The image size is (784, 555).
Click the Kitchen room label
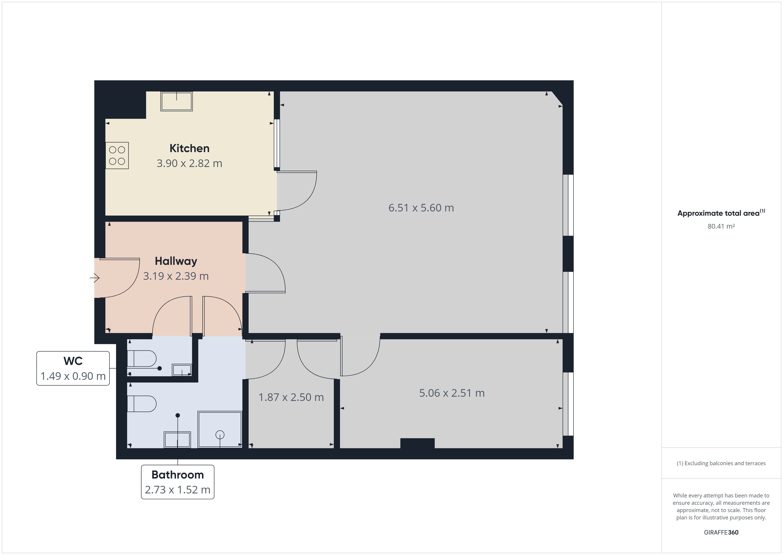(190, 148)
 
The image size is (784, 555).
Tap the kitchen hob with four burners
(117, 155)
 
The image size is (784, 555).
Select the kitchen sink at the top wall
(176, 101)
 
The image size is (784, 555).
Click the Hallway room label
(176, 261)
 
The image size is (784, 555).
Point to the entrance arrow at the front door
(95, 278)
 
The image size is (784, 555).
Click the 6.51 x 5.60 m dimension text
(421, 208)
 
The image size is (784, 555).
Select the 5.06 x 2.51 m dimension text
(452, 393)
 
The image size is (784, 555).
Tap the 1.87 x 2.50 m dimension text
(291, 397)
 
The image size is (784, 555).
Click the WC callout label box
(73, 368)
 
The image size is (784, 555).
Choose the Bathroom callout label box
(178, 482)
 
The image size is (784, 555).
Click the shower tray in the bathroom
(220, 430)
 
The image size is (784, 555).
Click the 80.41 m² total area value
(721, 226)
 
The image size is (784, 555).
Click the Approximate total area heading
(721, 213)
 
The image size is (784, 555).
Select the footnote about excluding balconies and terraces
(721, 463)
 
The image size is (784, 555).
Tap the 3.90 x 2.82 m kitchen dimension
(190, 163)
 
